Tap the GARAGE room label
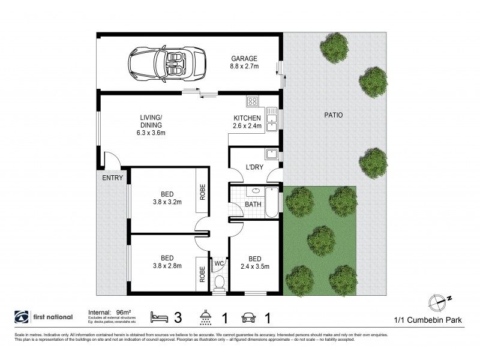(x=244, y=59)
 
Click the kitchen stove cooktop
(x=252, y=101)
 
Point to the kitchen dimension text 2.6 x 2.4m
(x=247, y=126)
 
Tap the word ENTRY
(x=112, y=178)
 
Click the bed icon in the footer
(x=159, y=316)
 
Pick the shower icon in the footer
(x=206, y=316)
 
